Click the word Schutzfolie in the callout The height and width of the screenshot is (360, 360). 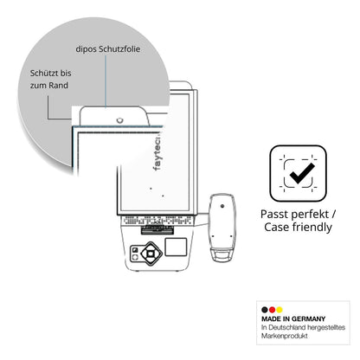(119, 49)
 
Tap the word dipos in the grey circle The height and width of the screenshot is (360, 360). (86, 49)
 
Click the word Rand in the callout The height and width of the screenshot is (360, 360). (58, 86)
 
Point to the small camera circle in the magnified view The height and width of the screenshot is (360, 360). (120, 120)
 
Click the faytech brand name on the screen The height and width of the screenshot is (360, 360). (157, 152)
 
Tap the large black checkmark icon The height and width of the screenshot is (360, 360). (302, 173)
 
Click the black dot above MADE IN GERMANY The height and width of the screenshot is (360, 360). (265, 310)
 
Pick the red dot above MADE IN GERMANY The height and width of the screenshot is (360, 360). (272, 310)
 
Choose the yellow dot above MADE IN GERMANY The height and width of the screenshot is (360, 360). (280, 310)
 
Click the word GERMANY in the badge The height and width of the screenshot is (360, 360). (308, 318)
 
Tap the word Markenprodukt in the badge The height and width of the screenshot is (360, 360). (285, 336)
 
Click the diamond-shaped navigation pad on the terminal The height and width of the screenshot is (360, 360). (151, 254)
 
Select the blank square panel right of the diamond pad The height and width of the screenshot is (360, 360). (176, 247)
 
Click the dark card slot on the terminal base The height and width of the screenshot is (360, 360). (157, 230)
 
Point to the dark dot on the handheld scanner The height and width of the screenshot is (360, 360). (222, 206)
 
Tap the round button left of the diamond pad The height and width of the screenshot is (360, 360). (135, 257)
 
